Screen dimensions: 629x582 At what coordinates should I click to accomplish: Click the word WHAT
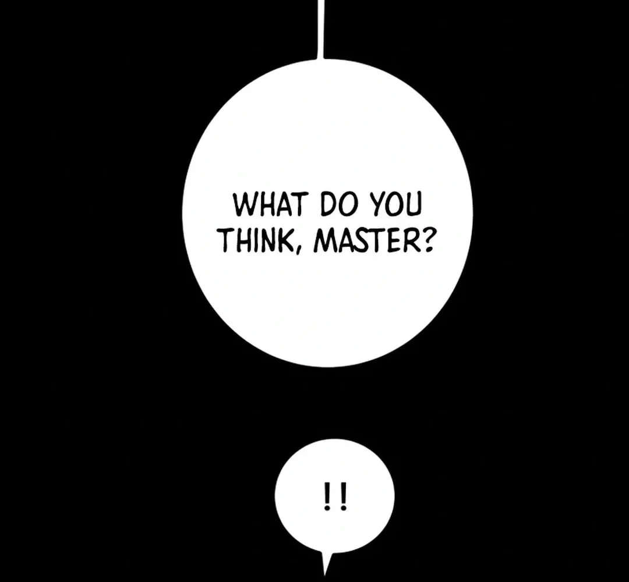tap(268, 204)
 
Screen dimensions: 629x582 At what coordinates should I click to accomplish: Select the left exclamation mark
tap(328, 496)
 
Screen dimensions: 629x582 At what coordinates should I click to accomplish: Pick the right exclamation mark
tap(342, 496)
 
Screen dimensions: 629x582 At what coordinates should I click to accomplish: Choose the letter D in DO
tap(327, 204)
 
